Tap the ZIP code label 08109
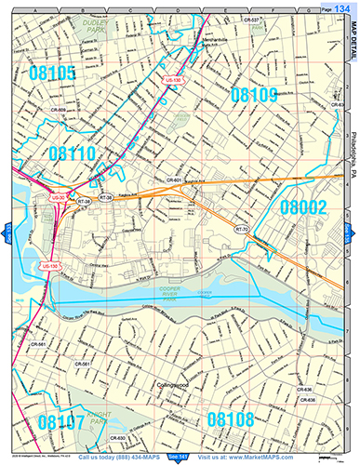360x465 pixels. [x=253, y=94]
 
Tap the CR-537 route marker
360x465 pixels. [x=275, y=19]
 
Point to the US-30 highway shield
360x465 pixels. [x=58, y=198]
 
